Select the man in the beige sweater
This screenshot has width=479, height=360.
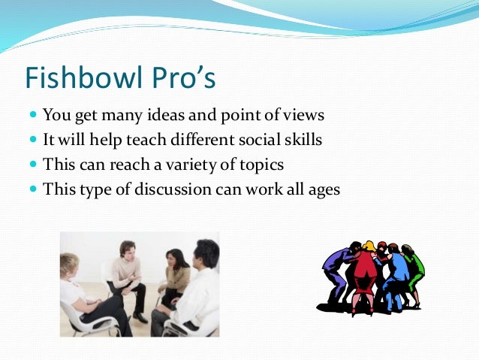click(x=127, y=274)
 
